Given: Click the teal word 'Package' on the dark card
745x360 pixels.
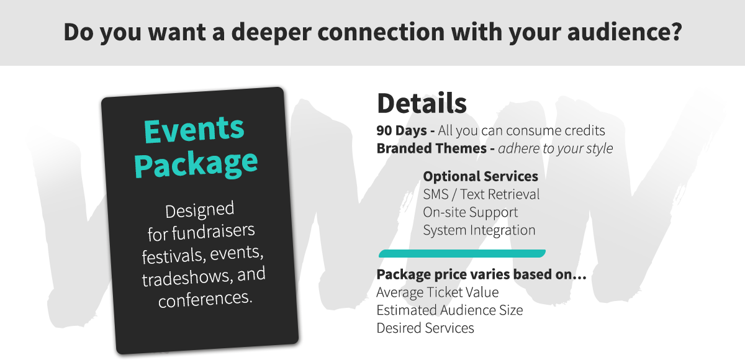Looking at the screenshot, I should coord(196,163).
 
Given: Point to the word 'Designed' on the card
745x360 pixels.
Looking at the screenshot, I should coord(199,210).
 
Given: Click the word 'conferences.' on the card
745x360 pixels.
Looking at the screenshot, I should coord(205,299).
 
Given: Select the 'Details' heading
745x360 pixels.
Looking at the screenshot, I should coord(422,104).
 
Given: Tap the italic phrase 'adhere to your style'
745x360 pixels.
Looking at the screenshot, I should coord(556,149).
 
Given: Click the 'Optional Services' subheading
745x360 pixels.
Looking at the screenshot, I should coord(481,176).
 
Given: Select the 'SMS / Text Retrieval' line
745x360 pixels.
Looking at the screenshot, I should coord(481,194).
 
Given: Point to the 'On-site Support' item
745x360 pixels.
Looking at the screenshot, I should coord(471,212).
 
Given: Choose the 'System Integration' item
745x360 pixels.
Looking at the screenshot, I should coord(479,230).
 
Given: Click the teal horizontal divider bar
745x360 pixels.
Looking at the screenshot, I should coord(462,253).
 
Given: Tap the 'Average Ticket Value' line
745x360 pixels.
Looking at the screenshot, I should coord(438,292).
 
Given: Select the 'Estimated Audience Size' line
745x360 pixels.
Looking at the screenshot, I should coord(449,310).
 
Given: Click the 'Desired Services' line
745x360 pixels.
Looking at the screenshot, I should coord(425,328).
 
